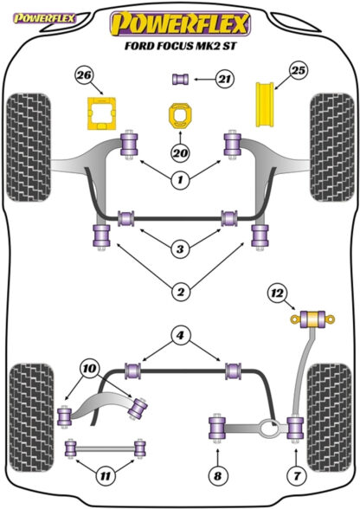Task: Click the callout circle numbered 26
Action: tap(85, 75)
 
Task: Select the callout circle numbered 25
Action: tap(299, 70)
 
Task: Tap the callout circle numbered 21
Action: tap(225, 79)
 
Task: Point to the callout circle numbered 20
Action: tap(180, 152)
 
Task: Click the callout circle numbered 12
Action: tap(277, 293)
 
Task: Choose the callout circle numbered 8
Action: tap(217, 476)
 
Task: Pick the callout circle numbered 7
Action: tap(297, 476)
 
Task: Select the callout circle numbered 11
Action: tap(106, 476)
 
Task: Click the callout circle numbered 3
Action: tap(180, 249)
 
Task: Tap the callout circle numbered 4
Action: tap(180, 335)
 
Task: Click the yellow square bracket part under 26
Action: tap(101, 113)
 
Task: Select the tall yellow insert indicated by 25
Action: tap(265, 104)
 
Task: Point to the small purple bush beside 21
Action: tap(180, 80)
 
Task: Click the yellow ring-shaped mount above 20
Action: tap(180, 116)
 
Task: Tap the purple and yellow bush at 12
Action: tap(312, 319)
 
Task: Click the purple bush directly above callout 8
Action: tap(217, 428)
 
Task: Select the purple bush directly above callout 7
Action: tap(295, 428)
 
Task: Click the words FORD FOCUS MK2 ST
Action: tap(181, 45)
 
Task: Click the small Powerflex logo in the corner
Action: tap(44, 18)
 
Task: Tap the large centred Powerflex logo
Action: tap(181, 23)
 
